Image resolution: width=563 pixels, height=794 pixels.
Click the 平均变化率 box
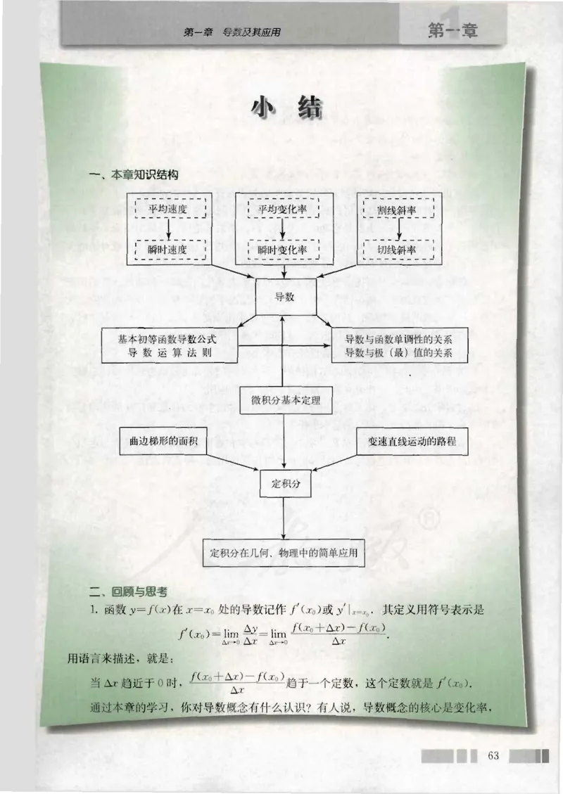[x=284, y=209]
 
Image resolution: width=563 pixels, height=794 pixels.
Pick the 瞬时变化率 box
[x=284, y=250]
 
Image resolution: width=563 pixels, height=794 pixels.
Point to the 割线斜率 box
[x=398, y=209]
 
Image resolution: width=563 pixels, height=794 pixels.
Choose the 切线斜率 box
[x=398, y=250]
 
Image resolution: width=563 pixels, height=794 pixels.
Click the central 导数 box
[x=284, y=297]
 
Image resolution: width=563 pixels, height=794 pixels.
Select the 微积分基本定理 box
[x=285, y=399]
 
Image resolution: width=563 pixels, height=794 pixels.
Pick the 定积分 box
[x=285, y=484]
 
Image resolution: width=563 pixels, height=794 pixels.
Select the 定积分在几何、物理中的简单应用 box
[x=285, y=553]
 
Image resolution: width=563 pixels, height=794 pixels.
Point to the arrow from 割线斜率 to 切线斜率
[x=398, y=229]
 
